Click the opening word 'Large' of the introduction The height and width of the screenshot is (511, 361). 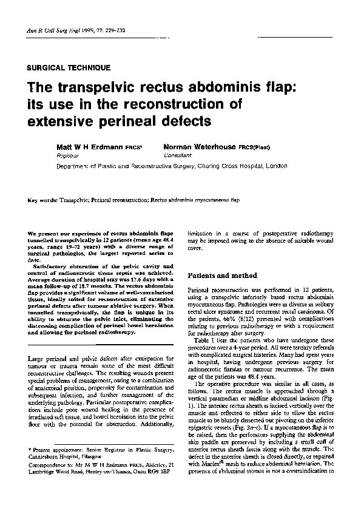click(x=36, y=360)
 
